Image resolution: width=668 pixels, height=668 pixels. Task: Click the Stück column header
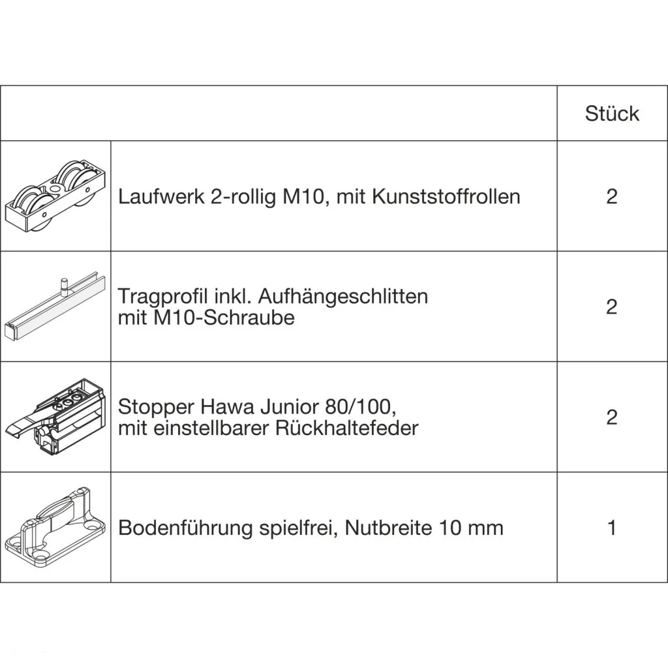(612, 114)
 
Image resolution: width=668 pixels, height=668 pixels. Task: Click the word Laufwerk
(161, 197)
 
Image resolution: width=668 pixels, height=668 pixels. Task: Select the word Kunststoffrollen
(446, 197)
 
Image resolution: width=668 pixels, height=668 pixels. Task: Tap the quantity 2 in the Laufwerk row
(612, 196)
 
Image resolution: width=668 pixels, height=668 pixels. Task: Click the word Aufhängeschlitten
(343, 297)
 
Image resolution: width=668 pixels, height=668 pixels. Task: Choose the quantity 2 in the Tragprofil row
(612, 307)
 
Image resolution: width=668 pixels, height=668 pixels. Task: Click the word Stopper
(155, 407)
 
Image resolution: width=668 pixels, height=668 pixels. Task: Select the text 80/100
(361, 406)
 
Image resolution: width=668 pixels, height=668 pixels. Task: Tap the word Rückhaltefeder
(347, 428)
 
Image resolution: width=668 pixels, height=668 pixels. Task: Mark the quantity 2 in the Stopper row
(612, 417)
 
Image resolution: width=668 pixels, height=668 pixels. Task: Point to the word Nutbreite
(387, 528)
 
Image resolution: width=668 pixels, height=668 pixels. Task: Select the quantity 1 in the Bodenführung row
(612, 528)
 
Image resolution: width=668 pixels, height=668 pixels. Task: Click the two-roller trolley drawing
(55, 196)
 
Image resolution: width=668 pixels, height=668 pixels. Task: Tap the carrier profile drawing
(55, 307)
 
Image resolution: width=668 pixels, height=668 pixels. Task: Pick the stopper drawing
(55, 417)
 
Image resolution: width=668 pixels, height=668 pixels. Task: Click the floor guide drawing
(55, 527)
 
